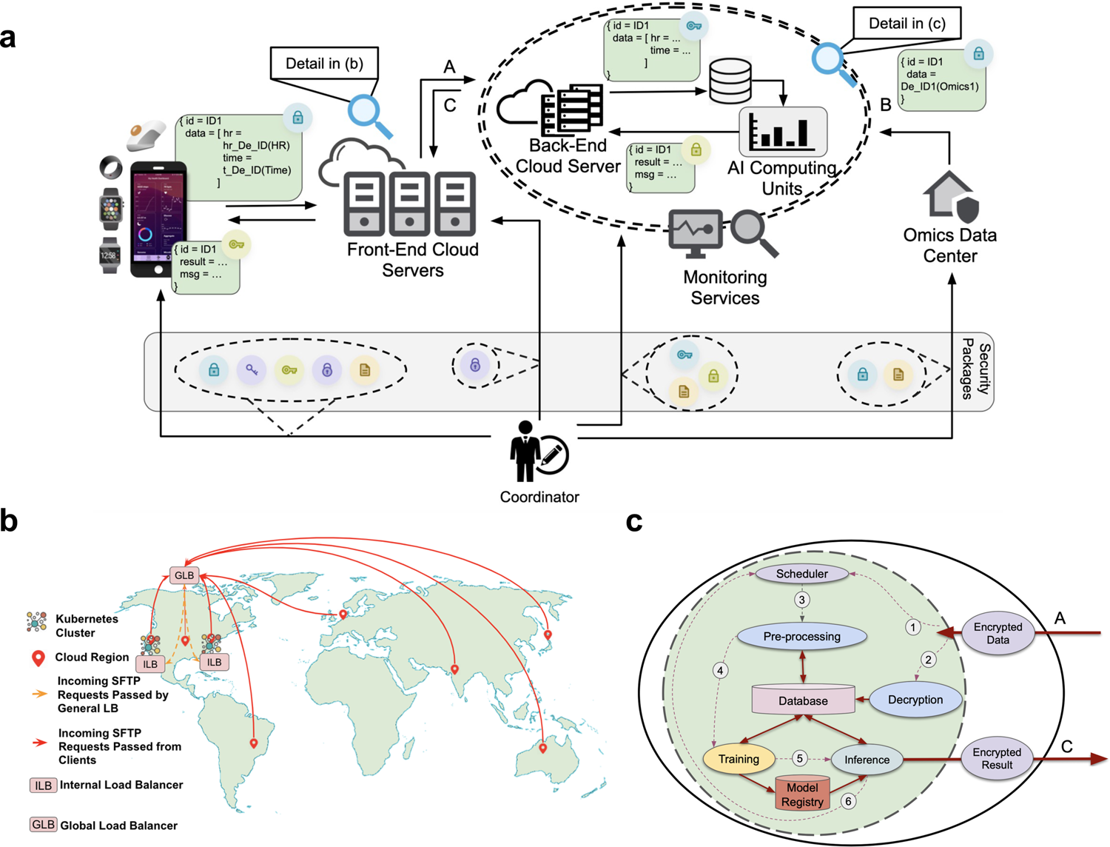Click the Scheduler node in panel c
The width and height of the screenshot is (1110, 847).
click(x=802, y=574)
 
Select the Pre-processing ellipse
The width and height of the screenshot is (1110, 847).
click(x=802, y=637)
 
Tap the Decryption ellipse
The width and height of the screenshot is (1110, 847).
click(x=915, y=700)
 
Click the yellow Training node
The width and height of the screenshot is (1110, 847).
click(x=739, y=759)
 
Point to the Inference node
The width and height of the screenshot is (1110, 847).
click(x=867, y=760)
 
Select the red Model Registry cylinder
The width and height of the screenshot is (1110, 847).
click(x=802, y=794)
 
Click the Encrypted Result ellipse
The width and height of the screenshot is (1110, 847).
click(x=997, y=759)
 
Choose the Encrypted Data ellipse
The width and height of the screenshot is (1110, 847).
click(x=998, y=633)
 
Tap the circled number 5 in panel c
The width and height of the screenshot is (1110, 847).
click(x=799, y=758)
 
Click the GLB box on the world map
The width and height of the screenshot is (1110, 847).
click(x=184, y=575)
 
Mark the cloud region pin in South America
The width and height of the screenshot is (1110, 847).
click(x=254, y=742)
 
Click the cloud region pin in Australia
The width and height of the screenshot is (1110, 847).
click(x=543, y=748)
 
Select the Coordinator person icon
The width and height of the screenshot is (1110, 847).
click(x=526, y=452)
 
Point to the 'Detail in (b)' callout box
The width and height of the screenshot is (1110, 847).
click(x=324, y=64)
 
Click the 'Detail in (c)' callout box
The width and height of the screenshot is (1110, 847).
click(x=906, y=24)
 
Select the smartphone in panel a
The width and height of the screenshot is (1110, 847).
click(x=158, y=219)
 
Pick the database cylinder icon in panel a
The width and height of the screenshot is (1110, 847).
click(x=730, y=81)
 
